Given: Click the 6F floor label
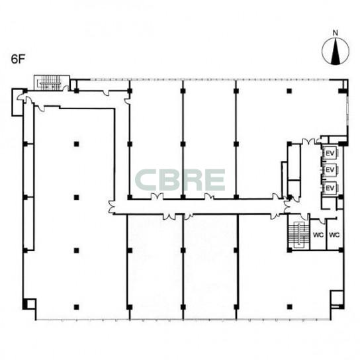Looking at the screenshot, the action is pyautogui.click(x=18, y=60).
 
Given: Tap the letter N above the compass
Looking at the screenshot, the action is pyautogui.click(x=336, y=33).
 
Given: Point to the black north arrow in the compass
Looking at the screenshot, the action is pyautogui.click(x=336, y=52).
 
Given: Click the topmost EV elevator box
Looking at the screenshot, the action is pyautogui.click(x=330, y=153).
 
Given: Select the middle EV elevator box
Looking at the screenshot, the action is pyautogui.click(x=330, y=170).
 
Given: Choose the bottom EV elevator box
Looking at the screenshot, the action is pyautogui.click(x=330, y=188).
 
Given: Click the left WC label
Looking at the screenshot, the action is pyautogui.click(x=318, y=235).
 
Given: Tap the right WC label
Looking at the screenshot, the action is pyautogui.click(x=334, y=235).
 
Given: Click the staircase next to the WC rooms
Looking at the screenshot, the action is pyautogui.click(x=298, y=235).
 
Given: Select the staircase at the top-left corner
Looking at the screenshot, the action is pyautogui.click(x=51, y=83).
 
